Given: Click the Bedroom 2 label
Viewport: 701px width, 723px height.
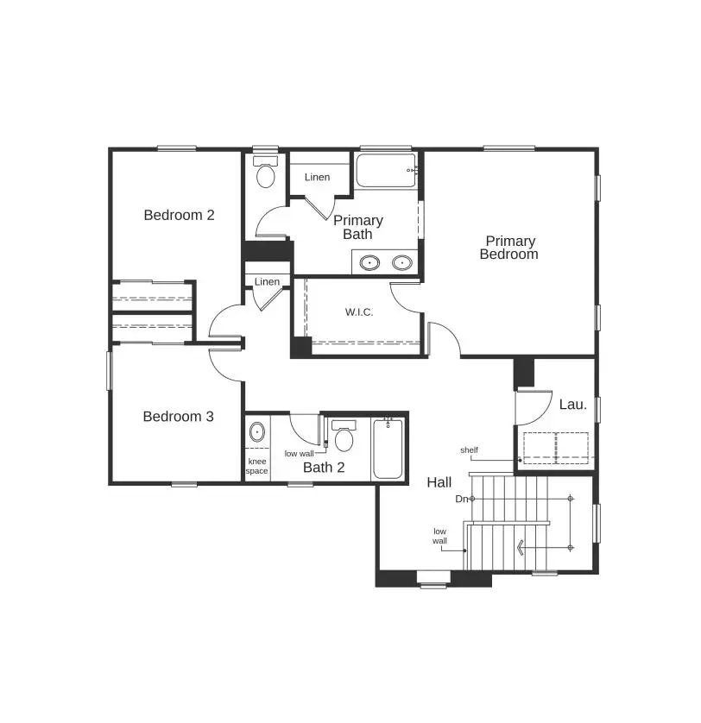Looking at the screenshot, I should (179, 215).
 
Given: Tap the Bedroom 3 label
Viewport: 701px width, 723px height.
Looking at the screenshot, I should (178, 417).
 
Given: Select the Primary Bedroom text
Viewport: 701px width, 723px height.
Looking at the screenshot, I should (509, 248).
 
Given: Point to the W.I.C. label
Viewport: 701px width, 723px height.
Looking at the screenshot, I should (359, 311).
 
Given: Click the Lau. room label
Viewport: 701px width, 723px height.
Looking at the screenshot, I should (572, 404).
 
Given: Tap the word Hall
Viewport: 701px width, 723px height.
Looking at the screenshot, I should (439, 482).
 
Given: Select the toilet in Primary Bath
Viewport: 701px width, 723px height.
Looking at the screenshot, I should (265, 173).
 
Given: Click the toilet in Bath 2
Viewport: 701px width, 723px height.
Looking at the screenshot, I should (344, 437).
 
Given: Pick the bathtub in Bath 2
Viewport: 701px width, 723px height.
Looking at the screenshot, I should (387, 449).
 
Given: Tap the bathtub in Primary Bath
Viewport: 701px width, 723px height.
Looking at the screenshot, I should (386, 172).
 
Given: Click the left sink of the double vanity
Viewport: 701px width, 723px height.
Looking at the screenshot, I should (370, 262).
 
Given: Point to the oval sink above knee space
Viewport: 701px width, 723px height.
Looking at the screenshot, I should (256, 431).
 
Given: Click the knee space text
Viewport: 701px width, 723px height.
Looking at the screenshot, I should (257, 466).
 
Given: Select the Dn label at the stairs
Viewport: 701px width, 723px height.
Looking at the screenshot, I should (462, 499).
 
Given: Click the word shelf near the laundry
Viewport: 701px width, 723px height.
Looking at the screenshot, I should (469, 450).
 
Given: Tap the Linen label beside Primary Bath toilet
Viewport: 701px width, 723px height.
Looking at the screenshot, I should (317, 177).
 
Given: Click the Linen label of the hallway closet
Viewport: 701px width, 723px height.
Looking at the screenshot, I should (267, 282).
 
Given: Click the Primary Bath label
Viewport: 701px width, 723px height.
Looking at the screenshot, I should (357, 227).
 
